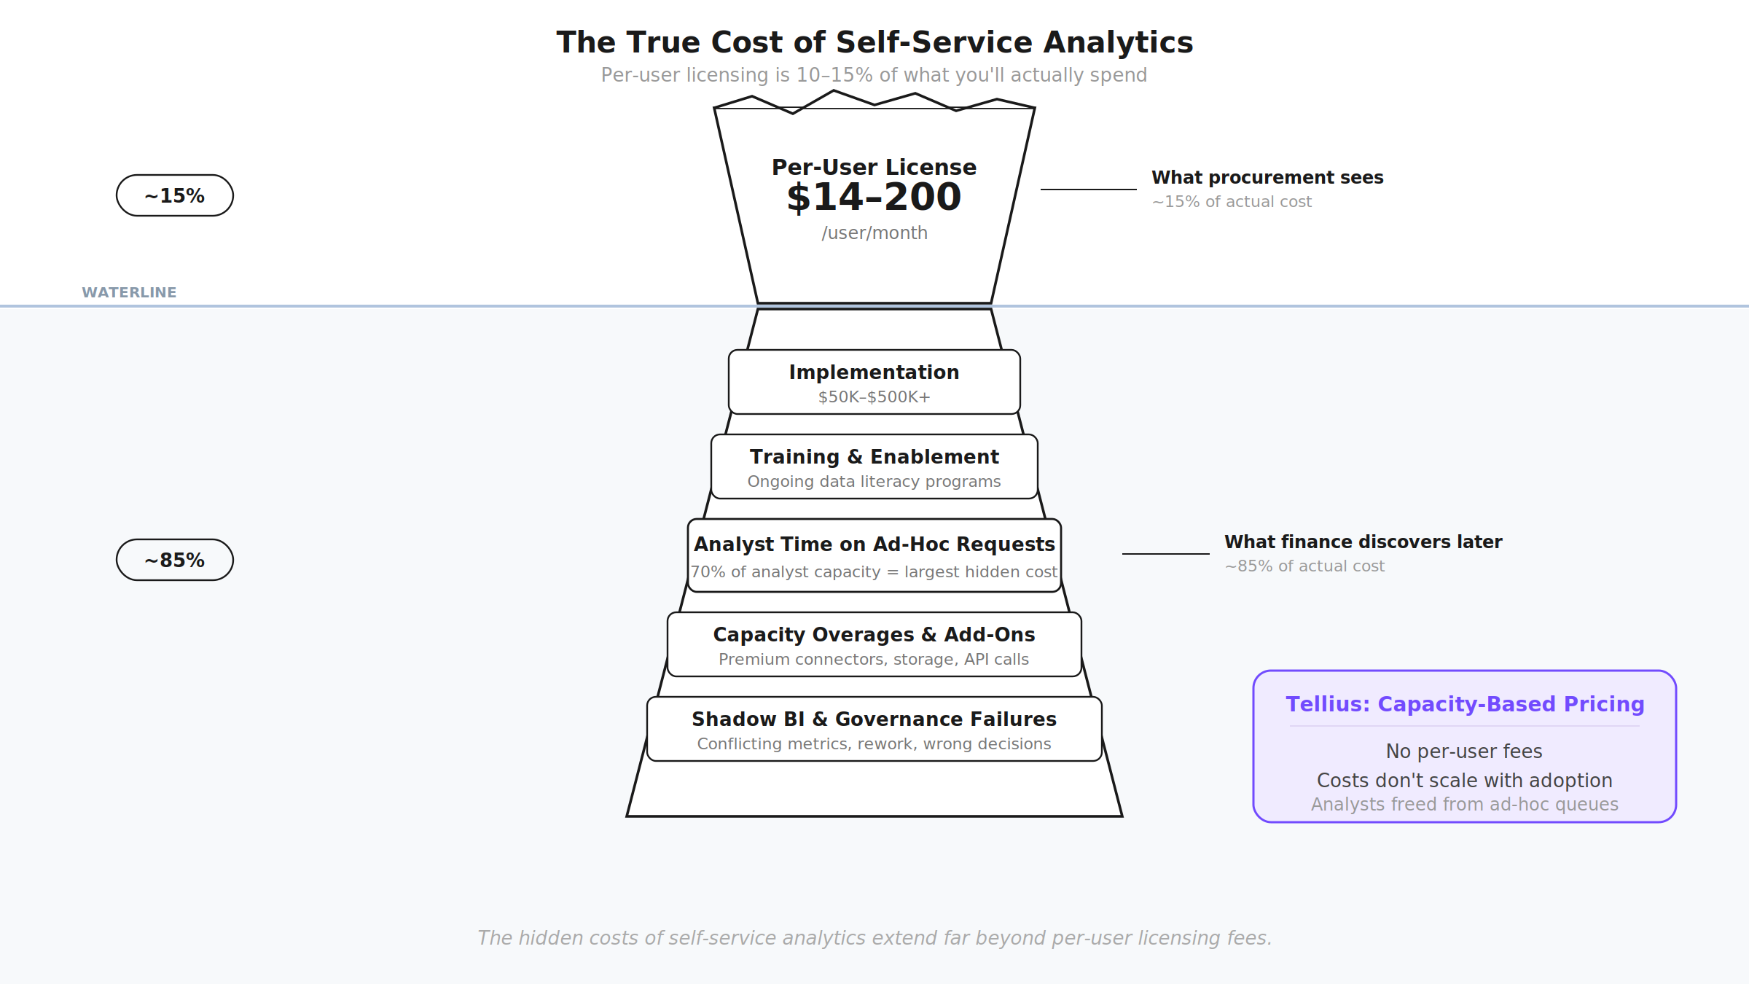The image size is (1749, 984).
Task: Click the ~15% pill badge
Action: [175, 195]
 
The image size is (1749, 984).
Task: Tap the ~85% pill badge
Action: [175, 560]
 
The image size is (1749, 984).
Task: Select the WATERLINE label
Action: [129, 292]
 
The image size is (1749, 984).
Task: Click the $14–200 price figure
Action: [874, 198]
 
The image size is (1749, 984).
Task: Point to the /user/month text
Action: [874, 233]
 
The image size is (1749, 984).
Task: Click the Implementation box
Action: [874, 382]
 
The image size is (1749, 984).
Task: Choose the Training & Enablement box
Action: [874, 466]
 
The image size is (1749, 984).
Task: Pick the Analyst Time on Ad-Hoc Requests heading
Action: [874, 544]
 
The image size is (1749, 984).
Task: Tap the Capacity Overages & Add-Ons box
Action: [874, 644]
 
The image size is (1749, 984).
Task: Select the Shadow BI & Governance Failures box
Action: [874, 729]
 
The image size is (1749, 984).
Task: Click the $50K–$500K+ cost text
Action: [874, 397]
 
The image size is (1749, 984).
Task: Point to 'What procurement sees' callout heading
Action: [1267, 178]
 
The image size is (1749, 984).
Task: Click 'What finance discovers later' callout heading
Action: [1363, 542]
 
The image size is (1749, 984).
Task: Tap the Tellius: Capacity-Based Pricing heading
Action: [1465, 704]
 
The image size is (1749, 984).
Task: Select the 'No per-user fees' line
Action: [1464, 751]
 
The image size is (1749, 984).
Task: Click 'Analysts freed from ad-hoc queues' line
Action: [1464, 805]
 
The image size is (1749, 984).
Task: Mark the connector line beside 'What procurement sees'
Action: [1088, 190]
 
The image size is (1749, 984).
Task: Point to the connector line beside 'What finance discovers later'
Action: [1165, 554]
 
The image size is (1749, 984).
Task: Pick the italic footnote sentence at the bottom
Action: [874, 938]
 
